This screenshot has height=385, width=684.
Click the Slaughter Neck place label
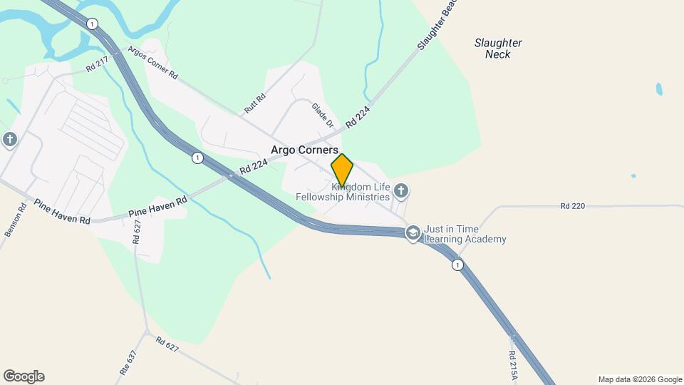498,48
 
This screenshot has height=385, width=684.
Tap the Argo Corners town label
304,150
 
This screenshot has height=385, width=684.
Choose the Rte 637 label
127,362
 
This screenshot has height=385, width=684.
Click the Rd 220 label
572,206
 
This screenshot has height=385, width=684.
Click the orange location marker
342,170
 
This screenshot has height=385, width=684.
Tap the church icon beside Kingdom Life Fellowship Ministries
401,190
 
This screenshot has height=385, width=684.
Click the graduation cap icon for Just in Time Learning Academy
413,233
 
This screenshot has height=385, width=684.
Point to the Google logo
24,376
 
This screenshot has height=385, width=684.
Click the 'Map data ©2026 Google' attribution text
640,379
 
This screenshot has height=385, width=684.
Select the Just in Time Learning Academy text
465,234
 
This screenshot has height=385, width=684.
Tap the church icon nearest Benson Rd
9,139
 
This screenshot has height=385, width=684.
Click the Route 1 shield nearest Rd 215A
457,265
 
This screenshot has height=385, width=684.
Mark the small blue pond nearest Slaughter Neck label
659,89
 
